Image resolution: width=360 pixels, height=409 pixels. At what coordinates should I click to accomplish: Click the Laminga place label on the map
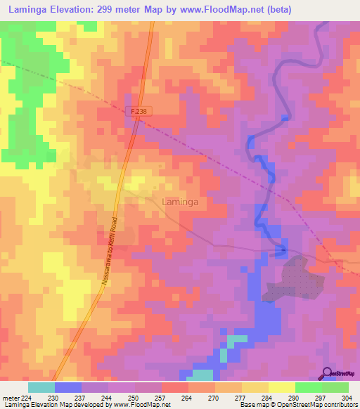pos(180,202)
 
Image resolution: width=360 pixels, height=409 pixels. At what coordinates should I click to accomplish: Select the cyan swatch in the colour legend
pos(41,387)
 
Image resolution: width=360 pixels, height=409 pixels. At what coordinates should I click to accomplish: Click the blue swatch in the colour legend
pos(68,387)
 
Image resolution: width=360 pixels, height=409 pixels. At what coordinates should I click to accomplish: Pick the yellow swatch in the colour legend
pos(281,387)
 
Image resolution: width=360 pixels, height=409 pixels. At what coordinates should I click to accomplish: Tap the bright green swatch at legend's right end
pos(335,387)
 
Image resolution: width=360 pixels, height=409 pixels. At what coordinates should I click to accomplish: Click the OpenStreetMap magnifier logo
pos(327,372)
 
